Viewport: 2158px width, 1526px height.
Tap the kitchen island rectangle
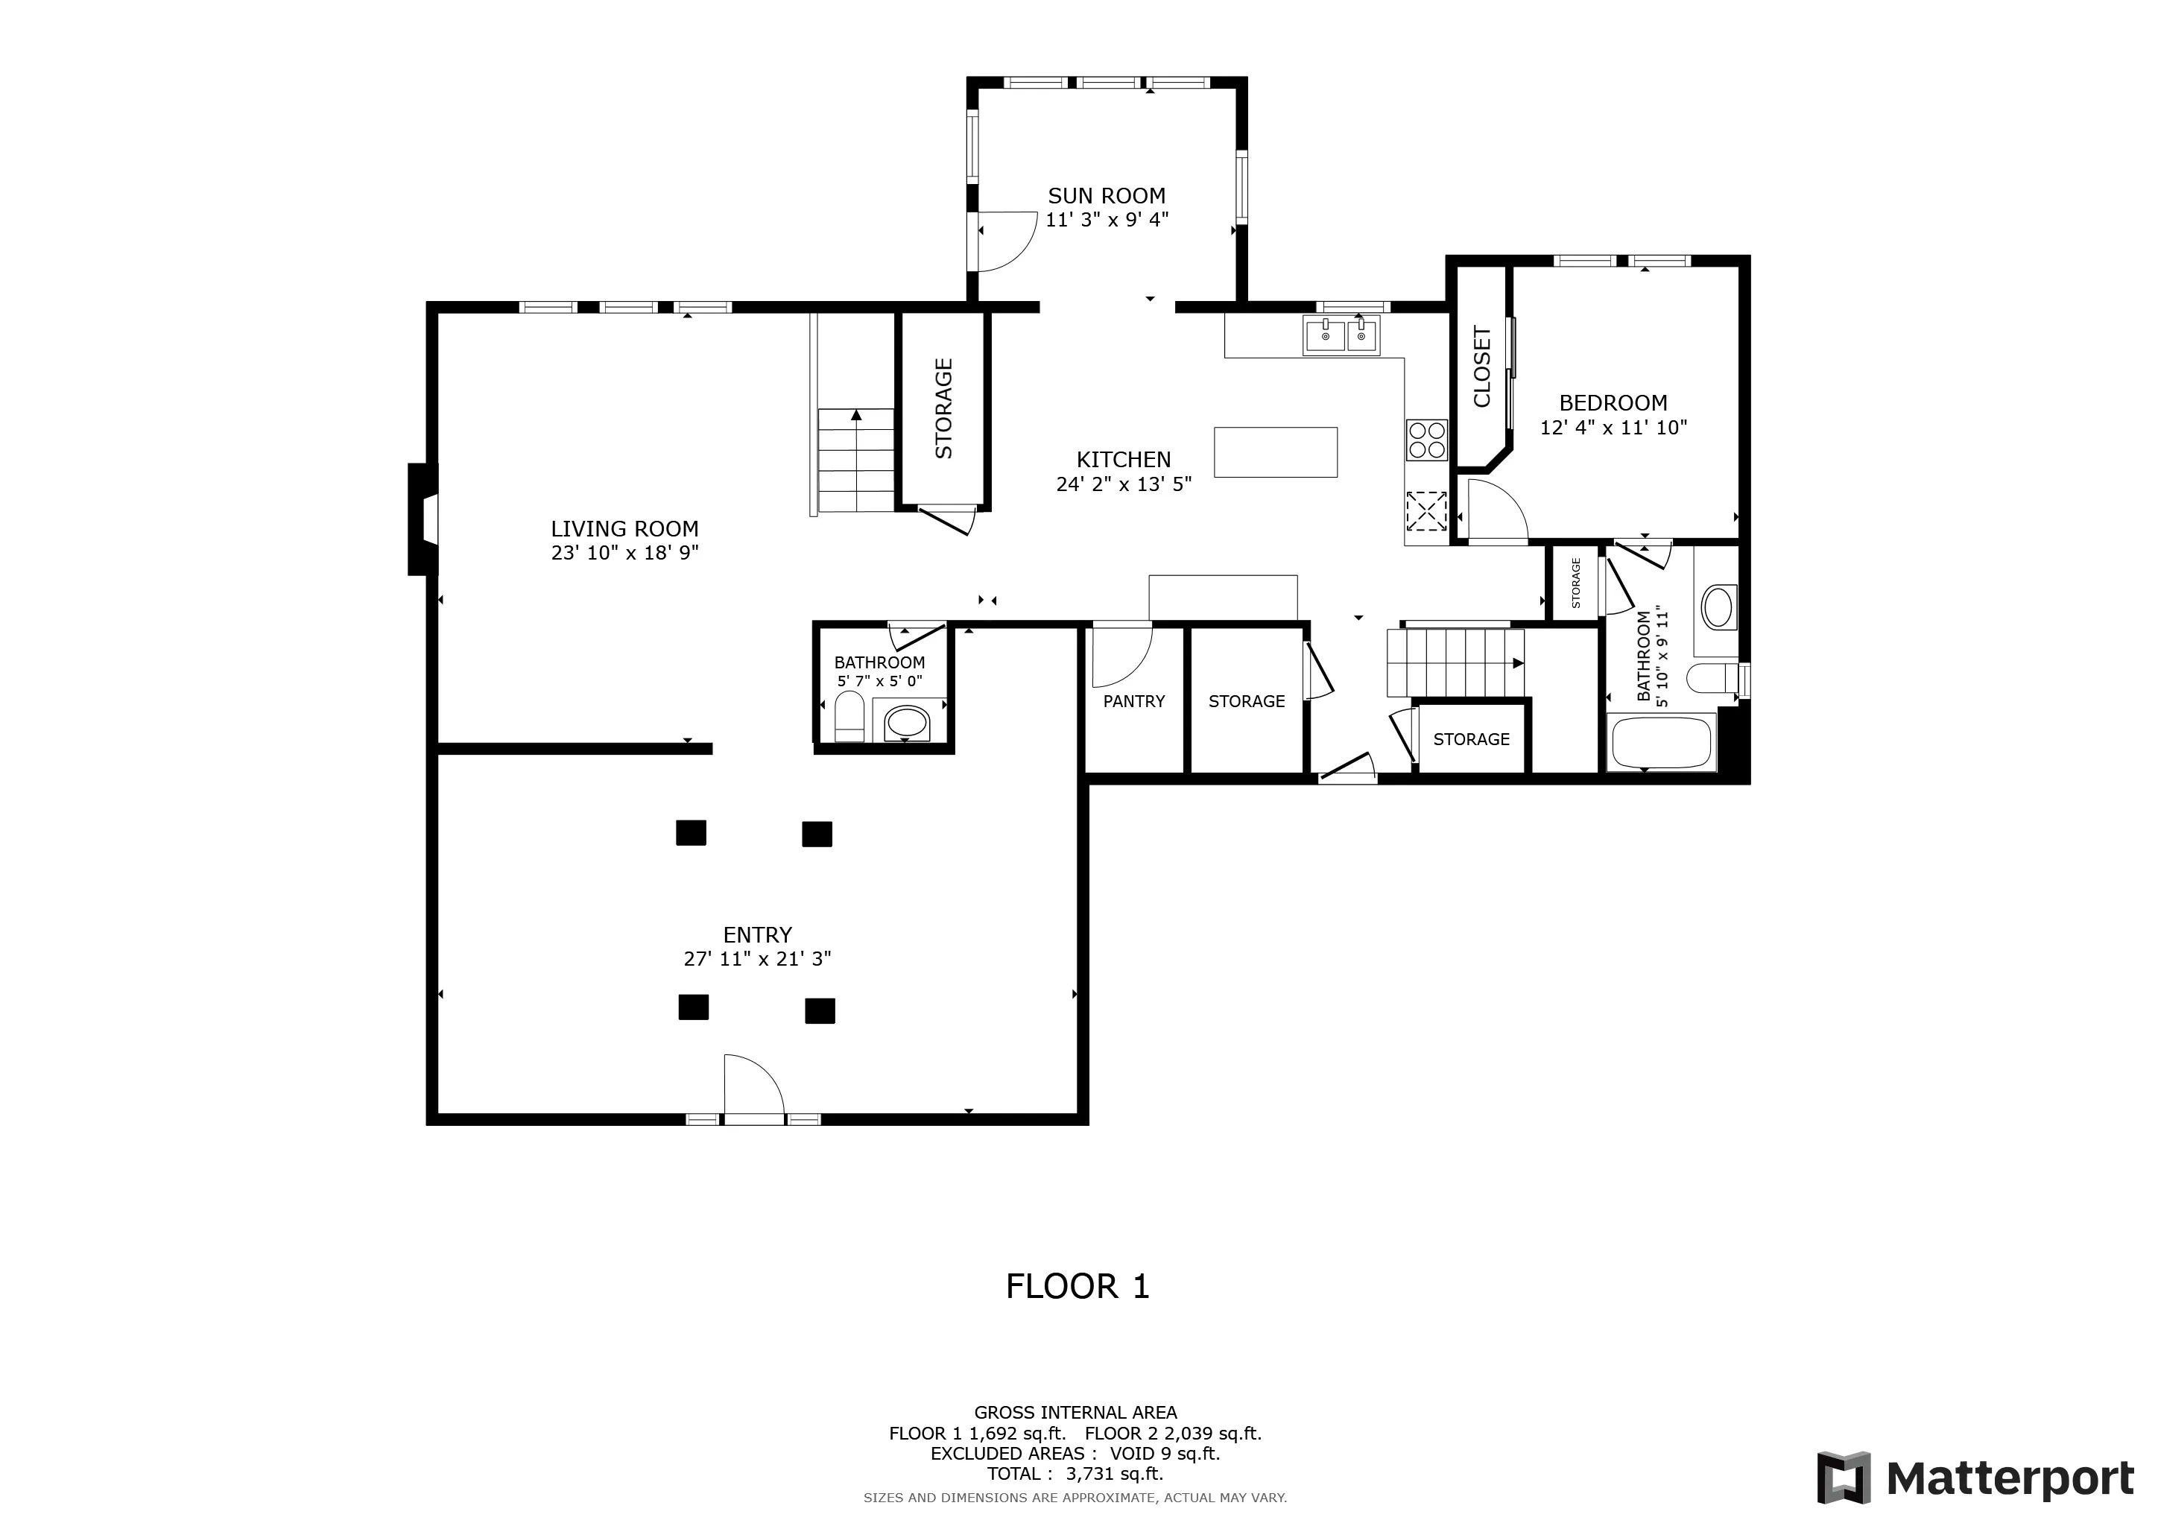pos(1276,452)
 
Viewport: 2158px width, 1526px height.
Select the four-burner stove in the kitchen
pos(1427,440)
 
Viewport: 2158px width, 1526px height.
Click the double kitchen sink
pos(1341,335)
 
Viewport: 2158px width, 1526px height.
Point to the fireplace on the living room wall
pos(422,519)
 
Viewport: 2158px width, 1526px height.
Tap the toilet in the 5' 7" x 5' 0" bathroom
pos(849,717)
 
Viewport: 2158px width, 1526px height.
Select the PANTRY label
pos(1133,702)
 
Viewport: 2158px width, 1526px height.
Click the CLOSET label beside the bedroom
pos(1482,367)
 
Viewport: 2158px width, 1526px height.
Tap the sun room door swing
pos(1007,241)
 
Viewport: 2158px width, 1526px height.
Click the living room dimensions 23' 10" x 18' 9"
pos(625,554)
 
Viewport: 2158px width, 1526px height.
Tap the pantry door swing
pos(1122,656)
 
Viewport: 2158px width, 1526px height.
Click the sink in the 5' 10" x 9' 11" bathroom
pos(1718,607)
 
